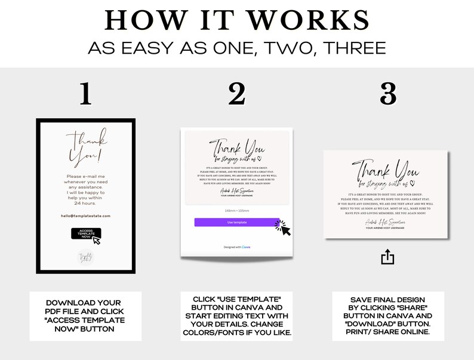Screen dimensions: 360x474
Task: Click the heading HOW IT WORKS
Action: point(236,20)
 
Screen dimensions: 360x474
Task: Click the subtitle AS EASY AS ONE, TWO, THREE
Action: point(236,47)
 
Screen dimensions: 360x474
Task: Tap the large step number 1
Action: point(86,94)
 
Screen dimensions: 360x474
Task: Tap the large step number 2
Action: point(236,94)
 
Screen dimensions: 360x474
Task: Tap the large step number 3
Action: point(388,94)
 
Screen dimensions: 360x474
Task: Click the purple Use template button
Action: point(236,222)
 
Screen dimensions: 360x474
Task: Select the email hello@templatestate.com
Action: point(86,216)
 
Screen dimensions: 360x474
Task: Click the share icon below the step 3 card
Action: point(387,257)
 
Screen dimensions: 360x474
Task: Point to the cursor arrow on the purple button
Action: point(283,228)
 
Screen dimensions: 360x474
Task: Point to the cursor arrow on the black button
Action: point(96,240)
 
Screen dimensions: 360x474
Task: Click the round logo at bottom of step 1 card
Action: point(86,257)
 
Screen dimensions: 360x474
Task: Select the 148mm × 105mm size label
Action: point(236,211)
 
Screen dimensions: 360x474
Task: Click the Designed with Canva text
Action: point(237,246)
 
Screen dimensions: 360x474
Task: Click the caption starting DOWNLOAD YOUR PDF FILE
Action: point(85,316)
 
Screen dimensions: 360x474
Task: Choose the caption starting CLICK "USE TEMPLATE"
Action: point(236,316)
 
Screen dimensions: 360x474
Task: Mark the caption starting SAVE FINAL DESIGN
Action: point(388,316)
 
